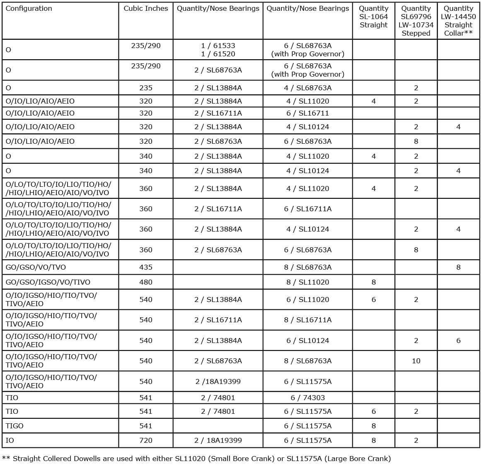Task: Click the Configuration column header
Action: tap(29, 8)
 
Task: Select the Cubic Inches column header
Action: tap(146, 8)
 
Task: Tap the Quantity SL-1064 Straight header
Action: tap(373, 17)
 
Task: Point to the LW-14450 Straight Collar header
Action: tap(458, 21)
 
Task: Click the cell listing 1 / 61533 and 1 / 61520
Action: tap(218, 50)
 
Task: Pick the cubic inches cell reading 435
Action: tap(146, 267)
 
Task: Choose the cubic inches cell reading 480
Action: tap(146, 282)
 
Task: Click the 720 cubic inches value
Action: tap(146, 440)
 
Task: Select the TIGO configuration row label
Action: tap(15, 426)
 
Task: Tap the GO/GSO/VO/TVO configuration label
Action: tap(36, 267)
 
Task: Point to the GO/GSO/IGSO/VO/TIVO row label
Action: tap(48, 282)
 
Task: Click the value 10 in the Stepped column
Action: tap(416, 361)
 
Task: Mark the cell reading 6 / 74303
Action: tap(308, 398)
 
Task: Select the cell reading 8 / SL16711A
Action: tap(308, 320)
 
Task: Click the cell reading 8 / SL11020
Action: tap(308, 282)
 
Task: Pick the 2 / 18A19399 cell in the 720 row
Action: tap(218, 440)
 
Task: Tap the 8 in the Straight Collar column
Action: tap(458, 267)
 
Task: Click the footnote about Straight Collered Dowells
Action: tap(196, 459)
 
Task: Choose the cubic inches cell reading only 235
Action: tap(146, 88)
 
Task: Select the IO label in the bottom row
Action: tap(10, 440)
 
